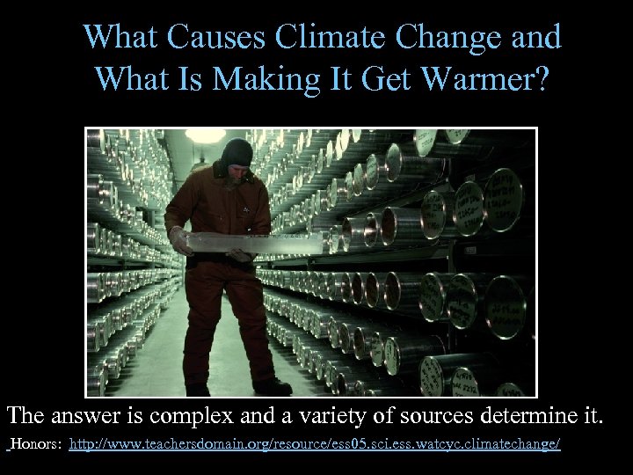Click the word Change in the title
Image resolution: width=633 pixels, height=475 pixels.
pos(459,39)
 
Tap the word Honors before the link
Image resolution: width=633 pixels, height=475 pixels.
pos(34,445)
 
